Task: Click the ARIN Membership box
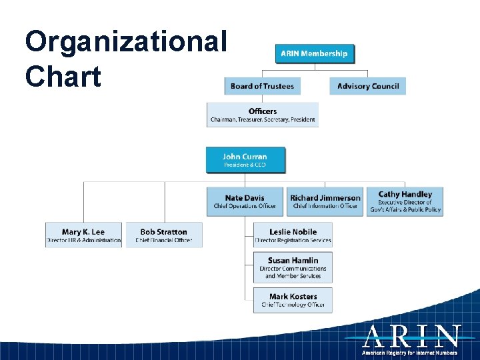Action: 315,53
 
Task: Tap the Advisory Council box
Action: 367,86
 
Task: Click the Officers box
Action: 262,115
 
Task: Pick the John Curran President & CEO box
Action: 245,160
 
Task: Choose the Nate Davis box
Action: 245,201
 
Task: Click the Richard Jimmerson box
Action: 325,201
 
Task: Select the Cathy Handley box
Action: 405,201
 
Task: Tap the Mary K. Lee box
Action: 83,235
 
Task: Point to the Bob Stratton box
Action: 163,235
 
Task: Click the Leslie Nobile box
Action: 293,235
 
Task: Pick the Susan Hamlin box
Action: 293,267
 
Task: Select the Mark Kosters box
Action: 293,300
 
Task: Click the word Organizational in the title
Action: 126,41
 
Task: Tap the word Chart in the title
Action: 63,76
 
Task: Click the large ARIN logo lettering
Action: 411,337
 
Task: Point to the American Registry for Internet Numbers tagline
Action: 410,353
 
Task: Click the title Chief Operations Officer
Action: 245,206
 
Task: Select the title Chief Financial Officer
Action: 163,240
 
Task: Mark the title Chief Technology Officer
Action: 293,305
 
